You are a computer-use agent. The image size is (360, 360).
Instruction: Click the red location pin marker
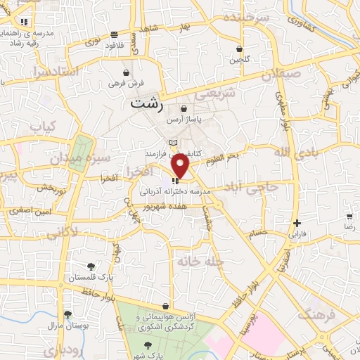(181, 166)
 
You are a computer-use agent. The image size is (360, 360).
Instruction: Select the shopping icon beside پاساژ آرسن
(184, 109)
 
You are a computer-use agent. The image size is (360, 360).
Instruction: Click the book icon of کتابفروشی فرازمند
(174, 143)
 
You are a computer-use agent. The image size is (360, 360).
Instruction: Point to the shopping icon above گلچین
(240, 49)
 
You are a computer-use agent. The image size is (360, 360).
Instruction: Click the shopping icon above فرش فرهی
(126, 72)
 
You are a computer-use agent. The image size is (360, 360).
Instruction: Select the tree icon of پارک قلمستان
(91, 266)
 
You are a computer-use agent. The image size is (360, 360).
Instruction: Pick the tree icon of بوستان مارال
(67, 315)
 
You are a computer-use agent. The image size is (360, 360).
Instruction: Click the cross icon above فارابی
(297, 223)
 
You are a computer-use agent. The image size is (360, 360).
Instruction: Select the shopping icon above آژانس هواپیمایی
(165, 306)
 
